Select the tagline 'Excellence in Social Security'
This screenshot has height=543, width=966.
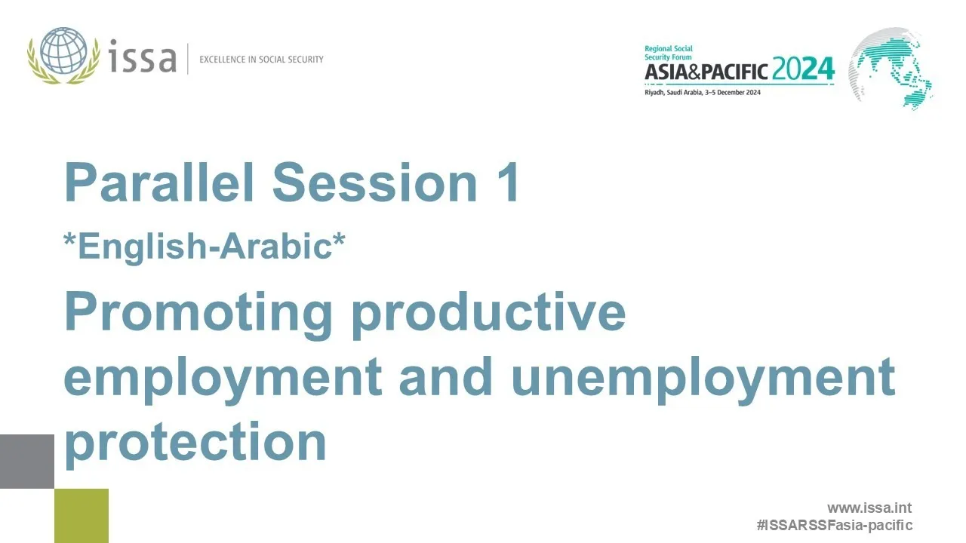261,59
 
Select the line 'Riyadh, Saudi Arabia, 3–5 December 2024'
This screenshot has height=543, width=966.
702,92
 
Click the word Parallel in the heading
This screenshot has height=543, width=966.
160,182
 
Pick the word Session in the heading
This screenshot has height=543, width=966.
375,182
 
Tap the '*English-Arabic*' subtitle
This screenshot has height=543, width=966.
205,247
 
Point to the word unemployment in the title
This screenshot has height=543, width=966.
703,377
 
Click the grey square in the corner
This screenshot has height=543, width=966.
27,462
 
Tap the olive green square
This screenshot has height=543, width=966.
82,516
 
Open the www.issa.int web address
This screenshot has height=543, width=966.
869,508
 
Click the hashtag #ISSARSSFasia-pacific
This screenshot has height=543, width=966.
834,525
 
